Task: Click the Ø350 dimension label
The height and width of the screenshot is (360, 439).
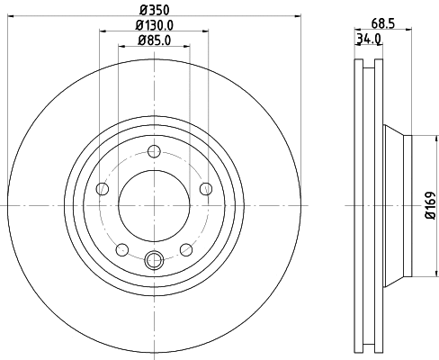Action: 155,10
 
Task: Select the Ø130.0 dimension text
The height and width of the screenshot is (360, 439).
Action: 155,25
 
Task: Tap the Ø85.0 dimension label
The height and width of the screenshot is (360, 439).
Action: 155,40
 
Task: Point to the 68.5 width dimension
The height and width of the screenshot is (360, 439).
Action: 383,23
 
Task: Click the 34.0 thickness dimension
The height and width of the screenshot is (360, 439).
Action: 369,39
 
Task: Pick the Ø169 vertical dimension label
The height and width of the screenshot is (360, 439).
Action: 430,205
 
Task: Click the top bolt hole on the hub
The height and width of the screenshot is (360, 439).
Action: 154,151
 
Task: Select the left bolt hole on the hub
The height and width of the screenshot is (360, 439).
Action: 103,189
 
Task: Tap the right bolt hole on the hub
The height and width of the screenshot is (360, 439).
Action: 206,189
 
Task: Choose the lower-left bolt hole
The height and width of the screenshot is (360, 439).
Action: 122,250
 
